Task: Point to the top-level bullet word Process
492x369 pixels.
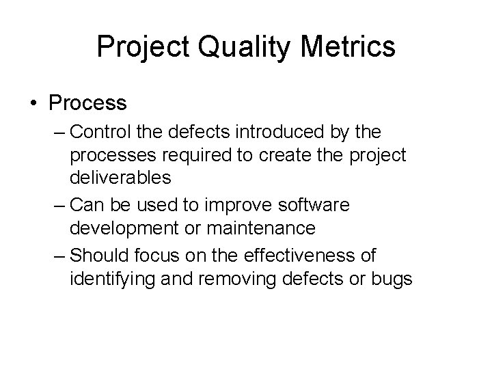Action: pos(87,103)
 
